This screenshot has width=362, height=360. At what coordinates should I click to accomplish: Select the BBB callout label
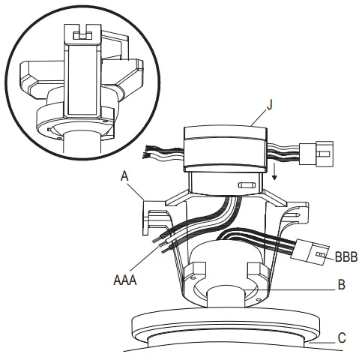pyautogui.click(x=346, y=256)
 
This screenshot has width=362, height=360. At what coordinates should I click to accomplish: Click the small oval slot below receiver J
pyautogui.click(x=244, y=184)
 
